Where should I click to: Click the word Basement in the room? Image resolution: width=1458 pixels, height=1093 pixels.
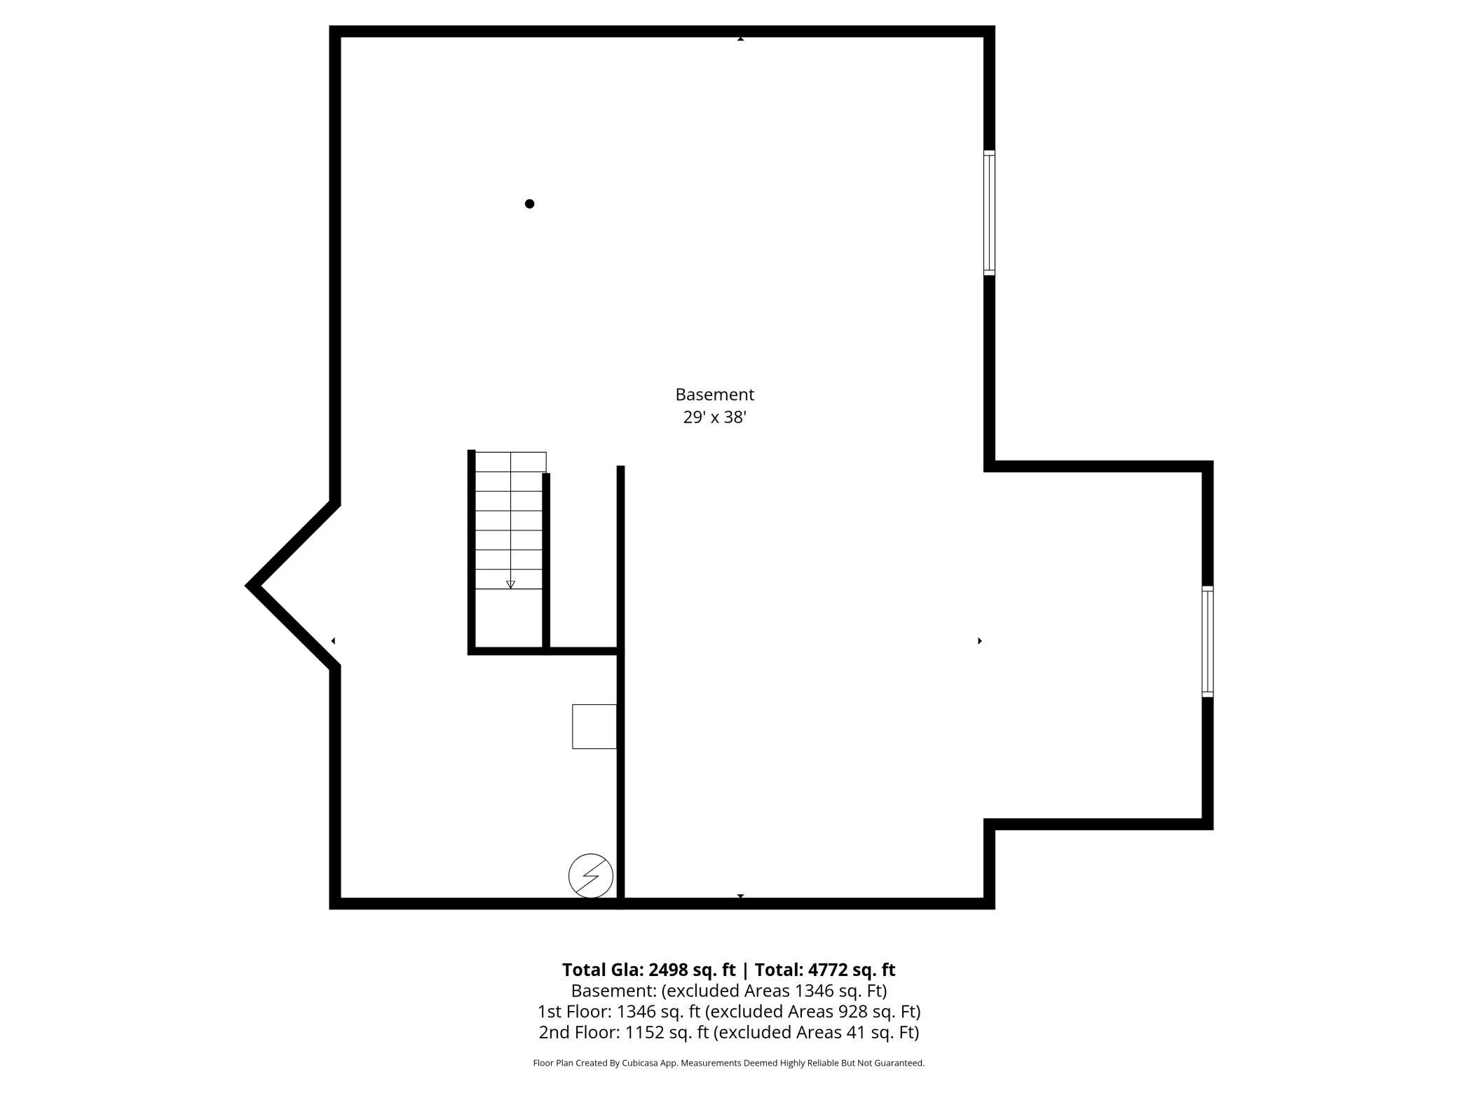[x=714, y=394]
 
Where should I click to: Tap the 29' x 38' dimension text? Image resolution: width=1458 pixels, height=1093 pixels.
[x=714, y=418]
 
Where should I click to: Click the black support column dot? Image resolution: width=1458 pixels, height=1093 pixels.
[x=530, y=204]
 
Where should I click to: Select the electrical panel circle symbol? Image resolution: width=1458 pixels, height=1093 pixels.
[x=591, y=876]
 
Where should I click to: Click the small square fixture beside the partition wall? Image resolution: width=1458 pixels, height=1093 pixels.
[x=594, y=727]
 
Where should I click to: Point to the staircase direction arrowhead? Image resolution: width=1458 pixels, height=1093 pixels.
[x=510, y=584]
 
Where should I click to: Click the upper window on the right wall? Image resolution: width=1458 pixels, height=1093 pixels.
[x=989, y=212]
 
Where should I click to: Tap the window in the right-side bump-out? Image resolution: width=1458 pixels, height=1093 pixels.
[x=1208, y=641]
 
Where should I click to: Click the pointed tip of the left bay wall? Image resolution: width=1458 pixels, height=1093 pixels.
[x=247, y=586]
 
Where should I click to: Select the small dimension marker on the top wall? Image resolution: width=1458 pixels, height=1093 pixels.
[x=740, y=39]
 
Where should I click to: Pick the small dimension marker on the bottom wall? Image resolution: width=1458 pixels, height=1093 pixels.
[x=740, y=896]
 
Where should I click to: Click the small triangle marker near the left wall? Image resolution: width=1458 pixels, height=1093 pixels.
[x=333, y=641]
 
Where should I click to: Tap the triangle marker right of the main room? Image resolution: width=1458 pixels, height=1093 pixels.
[x=980, y=641]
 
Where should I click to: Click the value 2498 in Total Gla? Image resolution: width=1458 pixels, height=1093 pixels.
[x=669, y=970]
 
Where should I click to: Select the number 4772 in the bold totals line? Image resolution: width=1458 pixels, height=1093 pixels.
[x=830, y=970]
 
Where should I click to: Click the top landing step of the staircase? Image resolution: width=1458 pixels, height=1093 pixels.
[x=510, y=462]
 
